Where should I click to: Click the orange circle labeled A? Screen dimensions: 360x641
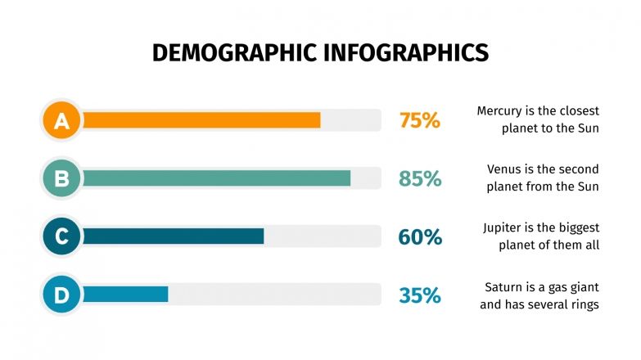click(61, 120)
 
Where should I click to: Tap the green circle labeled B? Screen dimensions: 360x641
click(61, 178)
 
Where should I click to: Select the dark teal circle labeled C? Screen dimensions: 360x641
click(61, 236)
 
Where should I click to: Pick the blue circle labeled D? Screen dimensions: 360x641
click(61, 295)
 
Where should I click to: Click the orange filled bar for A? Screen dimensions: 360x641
click(201, 120)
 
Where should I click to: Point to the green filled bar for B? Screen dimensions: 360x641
click(216, 178)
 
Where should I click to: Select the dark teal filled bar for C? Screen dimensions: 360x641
click(173, 236)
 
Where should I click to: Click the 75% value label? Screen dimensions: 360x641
click(420, 121)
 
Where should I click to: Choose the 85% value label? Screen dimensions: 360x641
click(420, 179)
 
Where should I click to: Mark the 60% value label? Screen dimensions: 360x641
click(420, 237)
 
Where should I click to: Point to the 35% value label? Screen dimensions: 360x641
click(420, 295)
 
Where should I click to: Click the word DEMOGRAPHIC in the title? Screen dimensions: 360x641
click(231, 53)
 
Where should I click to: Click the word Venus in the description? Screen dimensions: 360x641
click(504, 169)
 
